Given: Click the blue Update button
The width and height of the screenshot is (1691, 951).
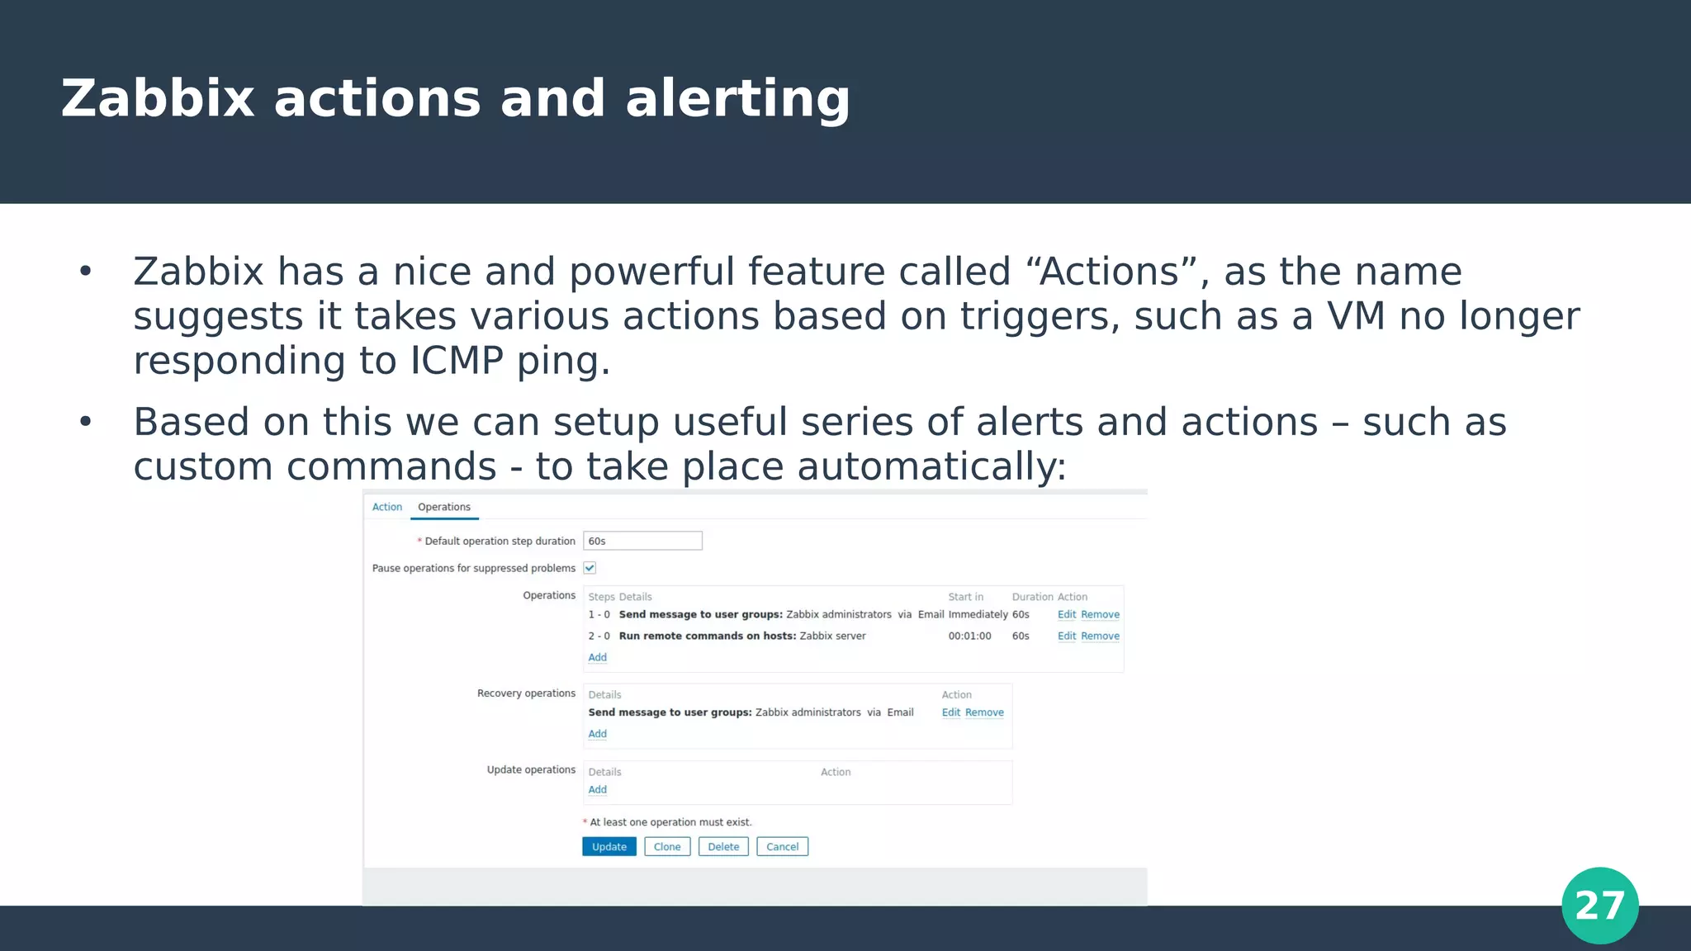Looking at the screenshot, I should [x=609, y=847].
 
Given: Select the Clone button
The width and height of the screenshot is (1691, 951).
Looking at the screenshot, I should [x=667, y=847].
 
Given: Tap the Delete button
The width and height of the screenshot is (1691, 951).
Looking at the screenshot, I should [x=723, y=847].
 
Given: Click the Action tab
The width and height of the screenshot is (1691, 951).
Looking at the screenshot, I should [x=386, y=507].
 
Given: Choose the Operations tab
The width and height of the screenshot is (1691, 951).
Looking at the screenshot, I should [x=444, y=507].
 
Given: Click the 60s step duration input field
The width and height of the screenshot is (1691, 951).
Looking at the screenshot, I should [x=642, y=541].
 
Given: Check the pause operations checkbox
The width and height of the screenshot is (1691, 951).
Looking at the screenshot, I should [x=590, y=568].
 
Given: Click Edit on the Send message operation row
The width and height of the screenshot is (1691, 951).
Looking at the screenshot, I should [x=1066, y=615].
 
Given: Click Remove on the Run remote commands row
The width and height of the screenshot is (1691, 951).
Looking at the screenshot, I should [x=1100, y=636].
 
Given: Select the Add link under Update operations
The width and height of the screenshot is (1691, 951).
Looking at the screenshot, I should [x=597, y=790].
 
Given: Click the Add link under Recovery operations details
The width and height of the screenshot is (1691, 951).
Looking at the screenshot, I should [x=597, y=734].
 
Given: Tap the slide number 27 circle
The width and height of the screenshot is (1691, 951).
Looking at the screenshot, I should [x=1599, y=906].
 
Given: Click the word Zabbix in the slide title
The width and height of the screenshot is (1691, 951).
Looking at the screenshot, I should [x=158, y=99].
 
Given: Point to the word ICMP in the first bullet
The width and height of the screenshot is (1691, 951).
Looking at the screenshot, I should [x=457, y=361].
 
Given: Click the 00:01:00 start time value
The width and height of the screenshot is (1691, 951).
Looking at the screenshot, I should [x=969, y=636].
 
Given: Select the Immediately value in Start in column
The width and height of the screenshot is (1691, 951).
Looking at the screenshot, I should [x=978, y=615].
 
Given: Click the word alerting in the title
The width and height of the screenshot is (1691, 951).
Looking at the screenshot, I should [x=737, y=99].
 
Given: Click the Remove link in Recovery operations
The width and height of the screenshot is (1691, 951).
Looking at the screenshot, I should [x=984, y=713].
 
